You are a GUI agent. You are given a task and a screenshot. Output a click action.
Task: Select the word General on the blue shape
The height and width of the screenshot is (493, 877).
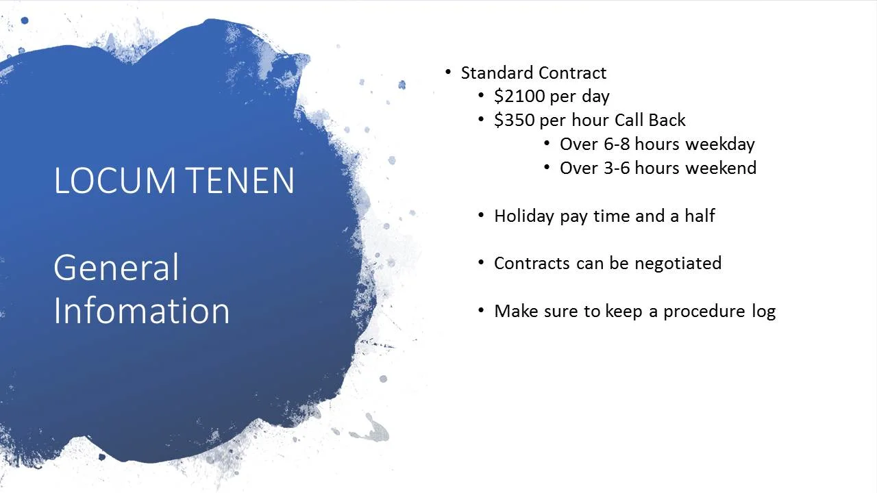(116, 267)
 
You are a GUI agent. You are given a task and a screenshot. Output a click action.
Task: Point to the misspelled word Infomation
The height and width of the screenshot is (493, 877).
(141, 310)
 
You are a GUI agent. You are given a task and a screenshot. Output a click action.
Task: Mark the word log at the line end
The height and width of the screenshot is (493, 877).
(763, 312)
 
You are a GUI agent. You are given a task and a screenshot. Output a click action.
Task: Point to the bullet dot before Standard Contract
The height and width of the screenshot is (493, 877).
(448, 72)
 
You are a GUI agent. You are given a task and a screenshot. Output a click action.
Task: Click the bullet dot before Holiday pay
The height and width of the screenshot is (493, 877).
(481, 215)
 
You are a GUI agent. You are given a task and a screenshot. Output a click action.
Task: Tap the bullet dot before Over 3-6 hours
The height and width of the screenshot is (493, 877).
(547, 167)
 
